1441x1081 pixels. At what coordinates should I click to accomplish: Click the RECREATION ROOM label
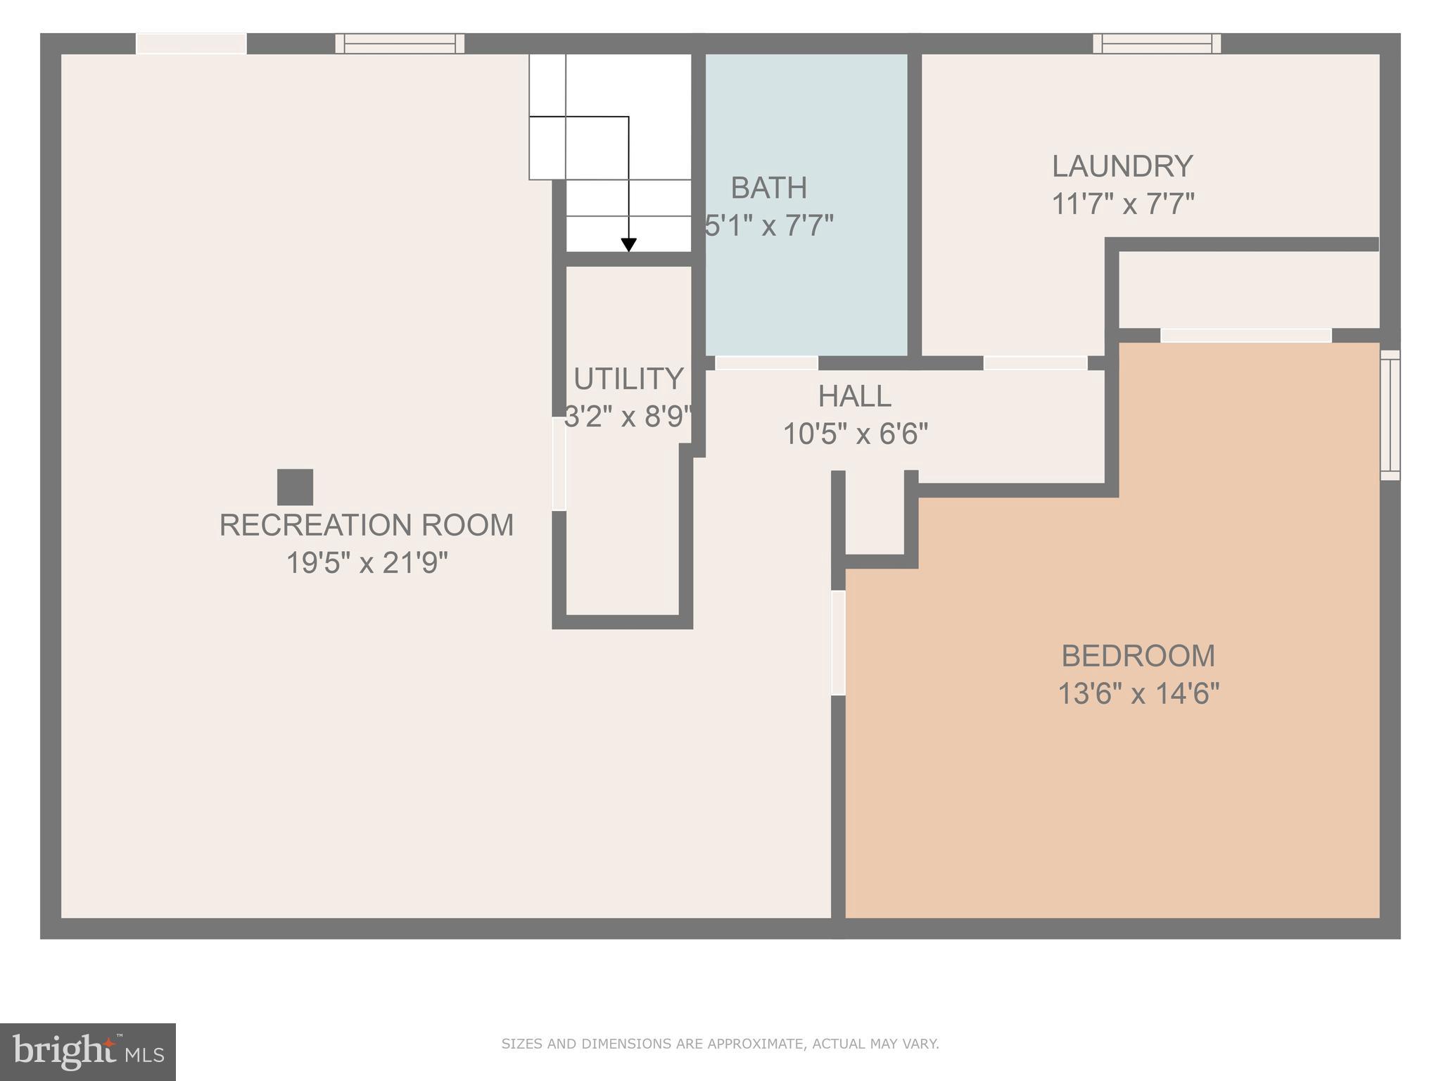[x=367, y=525]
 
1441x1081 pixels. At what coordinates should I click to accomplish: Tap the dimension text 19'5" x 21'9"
[x=367, y=563]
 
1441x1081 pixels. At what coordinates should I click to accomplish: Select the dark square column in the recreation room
[x=295, y=487]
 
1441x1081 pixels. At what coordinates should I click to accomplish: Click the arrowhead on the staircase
[x=628, y=245]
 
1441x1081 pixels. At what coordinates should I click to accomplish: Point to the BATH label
[x=768, y=188]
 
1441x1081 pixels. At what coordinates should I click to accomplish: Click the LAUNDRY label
[x=1122, y=167]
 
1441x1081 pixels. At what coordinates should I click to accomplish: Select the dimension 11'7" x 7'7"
[x=1122, y=205]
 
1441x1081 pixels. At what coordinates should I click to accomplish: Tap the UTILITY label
[x=628, y=379]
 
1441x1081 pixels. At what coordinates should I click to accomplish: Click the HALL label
[x=854, y=397]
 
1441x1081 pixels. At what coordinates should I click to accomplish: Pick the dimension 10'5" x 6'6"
[x=855, y=434]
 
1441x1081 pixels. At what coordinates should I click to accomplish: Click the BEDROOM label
[x=1138, y=656]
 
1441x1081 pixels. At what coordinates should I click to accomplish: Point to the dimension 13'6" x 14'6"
[x=1138, y=694]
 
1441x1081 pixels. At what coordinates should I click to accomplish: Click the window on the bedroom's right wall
[x=1390, y=415]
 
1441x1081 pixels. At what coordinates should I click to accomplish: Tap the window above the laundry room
[x=1156, y=44]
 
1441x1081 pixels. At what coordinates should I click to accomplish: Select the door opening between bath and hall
[x=766, y=363]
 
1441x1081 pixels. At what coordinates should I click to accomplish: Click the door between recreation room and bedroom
[x=838, y=643]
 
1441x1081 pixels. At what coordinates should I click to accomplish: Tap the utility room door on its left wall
[x=559, y=464]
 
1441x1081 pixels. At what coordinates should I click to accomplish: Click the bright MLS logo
[x=87, y=1051]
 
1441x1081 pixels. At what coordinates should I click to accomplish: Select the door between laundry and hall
[x=1035, y=363]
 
